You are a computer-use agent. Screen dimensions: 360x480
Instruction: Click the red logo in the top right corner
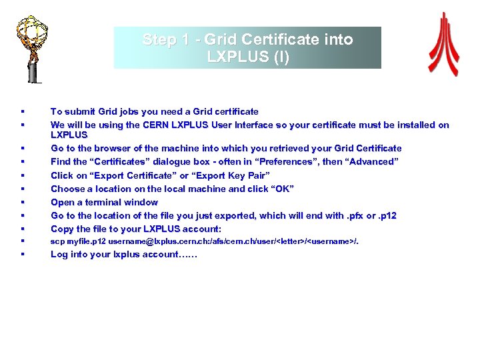443,45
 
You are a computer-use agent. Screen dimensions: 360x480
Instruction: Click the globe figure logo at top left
32,44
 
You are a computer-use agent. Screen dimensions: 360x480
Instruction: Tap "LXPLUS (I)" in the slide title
248,57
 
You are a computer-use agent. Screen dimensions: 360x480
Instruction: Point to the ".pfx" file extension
354,215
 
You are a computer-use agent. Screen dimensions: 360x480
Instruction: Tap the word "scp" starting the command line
57,241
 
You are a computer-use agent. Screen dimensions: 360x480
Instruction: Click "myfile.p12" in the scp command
86,241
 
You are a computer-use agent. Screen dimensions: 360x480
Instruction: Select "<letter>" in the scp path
289,241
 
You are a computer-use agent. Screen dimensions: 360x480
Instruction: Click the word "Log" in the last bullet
59,254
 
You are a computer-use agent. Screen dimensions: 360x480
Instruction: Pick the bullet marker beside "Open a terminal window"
23,202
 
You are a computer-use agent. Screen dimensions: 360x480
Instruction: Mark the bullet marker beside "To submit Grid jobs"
23,111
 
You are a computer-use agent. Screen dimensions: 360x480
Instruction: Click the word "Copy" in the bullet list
63,229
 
